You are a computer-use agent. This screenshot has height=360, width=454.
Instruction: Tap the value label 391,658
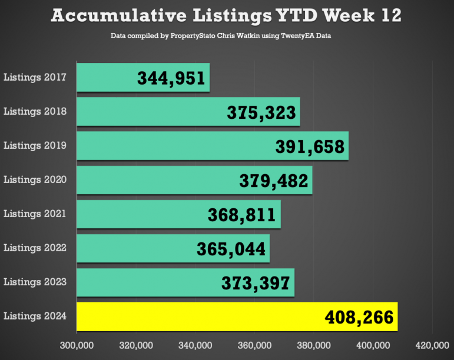(x=310, y=146)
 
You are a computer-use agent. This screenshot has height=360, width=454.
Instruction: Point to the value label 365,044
(x=231, y=249)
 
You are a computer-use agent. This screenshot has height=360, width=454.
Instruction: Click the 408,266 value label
(x=359, y=318)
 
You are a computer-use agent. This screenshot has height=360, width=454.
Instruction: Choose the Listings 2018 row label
(x=35, y=111)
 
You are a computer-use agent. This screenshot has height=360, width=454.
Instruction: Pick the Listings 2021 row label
(x=35, y=214)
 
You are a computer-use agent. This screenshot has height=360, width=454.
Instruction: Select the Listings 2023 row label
(x=35, y=282)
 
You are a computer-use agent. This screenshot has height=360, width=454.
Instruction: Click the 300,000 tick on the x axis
(x=76, y=345)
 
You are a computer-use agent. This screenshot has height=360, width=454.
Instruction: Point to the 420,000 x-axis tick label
(x=433, y=345)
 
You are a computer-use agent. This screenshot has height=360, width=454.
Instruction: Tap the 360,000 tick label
(x=254, y=345)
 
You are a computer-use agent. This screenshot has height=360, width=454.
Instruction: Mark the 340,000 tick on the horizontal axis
(x=195, y=345)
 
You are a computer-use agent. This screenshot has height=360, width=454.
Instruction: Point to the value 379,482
(x=274, y=181)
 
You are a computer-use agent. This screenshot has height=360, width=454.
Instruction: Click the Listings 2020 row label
(x=35, y=179)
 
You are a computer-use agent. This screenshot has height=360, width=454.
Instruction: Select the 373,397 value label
(x=256, y=284)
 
